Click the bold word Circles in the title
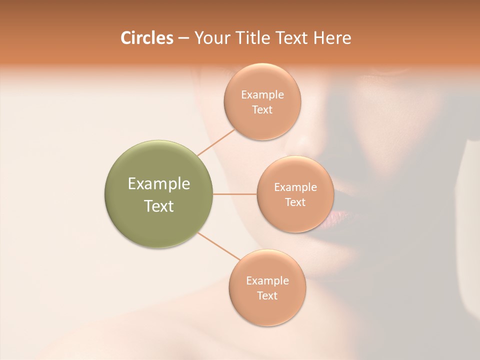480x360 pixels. pyautogui.click(x=146, y=38)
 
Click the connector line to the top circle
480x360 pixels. pyautogui.click(x=216, y=142)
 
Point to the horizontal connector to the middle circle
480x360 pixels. pyautogui.click(x=234, y=194)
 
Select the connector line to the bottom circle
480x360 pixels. pyautogui.click(x=218, y=246)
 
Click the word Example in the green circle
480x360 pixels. pyautogui.click(x=159, y=184)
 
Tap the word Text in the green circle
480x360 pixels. pyautogui.click(x=159, y=206)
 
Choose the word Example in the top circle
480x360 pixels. pyautogui.click(x=262, y=94)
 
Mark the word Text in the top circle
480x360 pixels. pyautogui.click(x=262, y=109)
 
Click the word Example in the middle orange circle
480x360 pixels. pyautogui.click(x=295, y=187)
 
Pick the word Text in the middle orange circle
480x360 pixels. pyautogui.click(x=295, y=202)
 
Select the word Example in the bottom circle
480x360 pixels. pyautogui.click(x=267, y=280)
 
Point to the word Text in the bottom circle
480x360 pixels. pyautogui.click(x=267, y=295)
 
